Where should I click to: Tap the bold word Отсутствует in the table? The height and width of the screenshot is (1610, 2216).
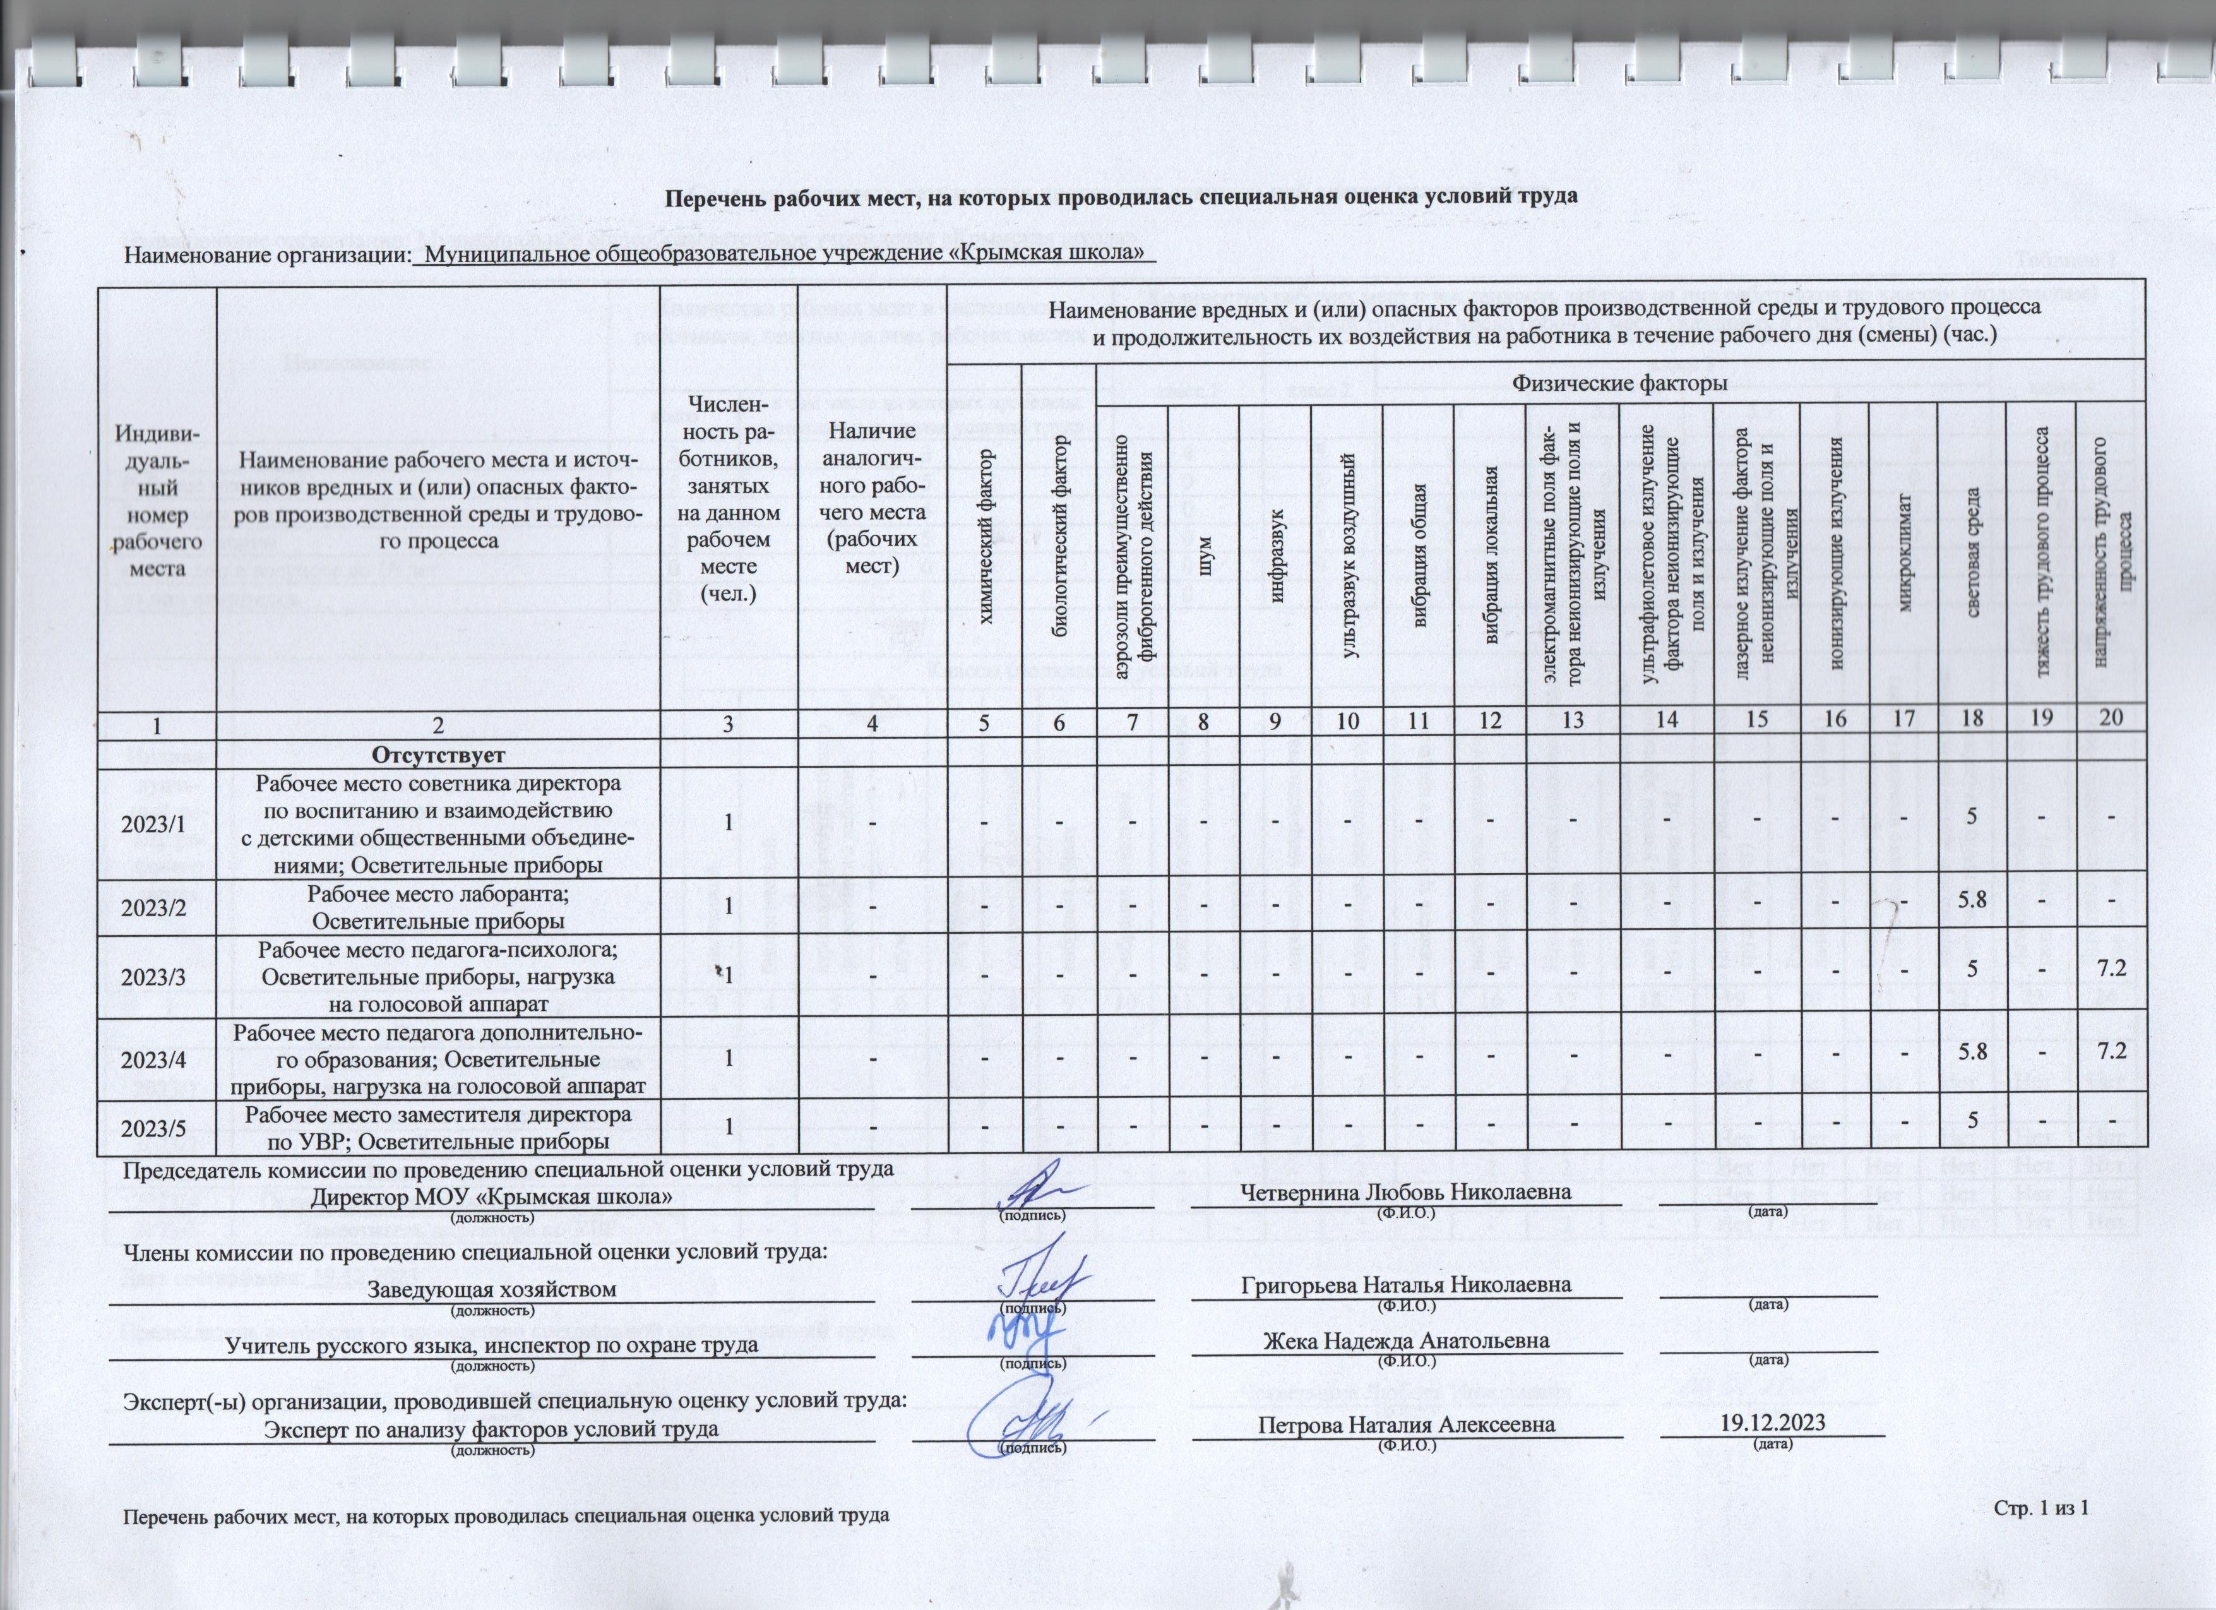pos(438,755)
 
